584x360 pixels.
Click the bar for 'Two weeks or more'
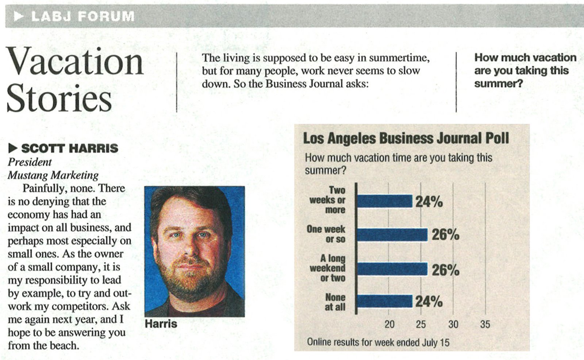[x=384, y=201]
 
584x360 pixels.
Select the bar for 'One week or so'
[x=392, y=235]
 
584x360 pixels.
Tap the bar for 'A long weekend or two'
[x=392, y=269]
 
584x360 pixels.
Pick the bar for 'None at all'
[x=384, y=302]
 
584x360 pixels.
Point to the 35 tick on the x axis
[x=485, y=324]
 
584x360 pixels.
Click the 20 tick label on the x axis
[x=389, y=324]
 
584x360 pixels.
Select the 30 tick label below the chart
[x=453, y=324]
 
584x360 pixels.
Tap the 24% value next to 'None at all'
[x=429, y=302]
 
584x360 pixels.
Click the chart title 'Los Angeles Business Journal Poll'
[x=406, y=139]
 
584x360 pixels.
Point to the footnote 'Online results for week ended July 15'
[x=378, y=342]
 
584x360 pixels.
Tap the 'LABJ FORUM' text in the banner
[x=83, y=16]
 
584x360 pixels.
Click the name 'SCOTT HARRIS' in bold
[x=69, y=148]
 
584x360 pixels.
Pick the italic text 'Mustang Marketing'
[x=53, y=175]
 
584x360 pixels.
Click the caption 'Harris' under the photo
[x=161, y=324]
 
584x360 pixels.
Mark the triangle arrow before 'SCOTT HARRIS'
[x=13, y=148]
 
